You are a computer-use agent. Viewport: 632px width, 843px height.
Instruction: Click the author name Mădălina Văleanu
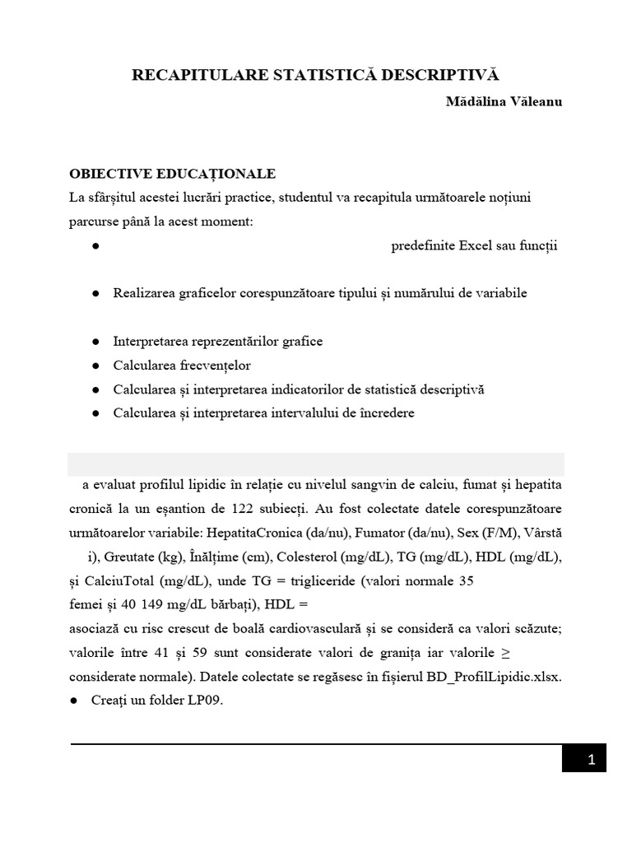(504, 102)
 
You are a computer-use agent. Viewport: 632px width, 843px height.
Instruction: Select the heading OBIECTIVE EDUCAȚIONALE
(172, 174)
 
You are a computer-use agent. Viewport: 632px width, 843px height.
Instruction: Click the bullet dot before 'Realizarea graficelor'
(95, 294)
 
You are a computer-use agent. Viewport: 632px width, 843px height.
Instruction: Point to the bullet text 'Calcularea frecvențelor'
(182, 365)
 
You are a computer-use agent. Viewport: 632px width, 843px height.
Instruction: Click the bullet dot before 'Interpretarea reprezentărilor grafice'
(95, 341)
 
